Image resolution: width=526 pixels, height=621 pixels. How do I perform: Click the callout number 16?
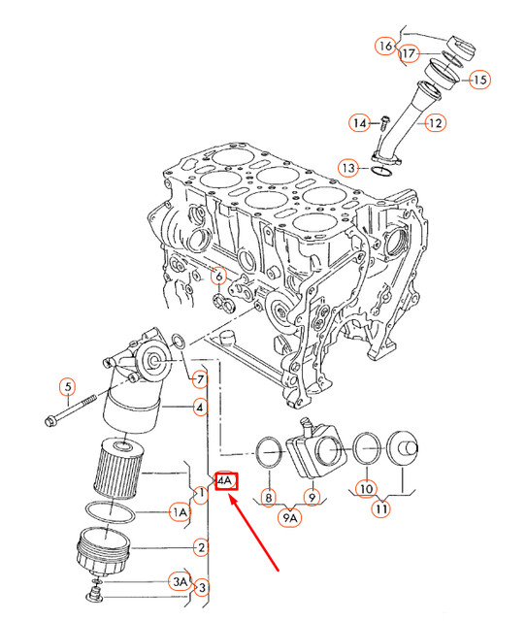coord(385,46)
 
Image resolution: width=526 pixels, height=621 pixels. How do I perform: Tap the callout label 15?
coord(479,80)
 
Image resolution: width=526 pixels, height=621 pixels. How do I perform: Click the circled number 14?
coord(359,123)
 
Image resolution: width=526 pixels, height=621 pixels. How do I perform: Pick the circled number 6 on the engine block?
coord(219,277)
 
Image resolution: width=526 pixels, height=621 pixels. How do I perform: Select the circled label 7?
coord(199,378)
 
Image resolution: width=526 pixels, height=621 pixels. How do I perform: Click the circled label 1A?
coord(180,510)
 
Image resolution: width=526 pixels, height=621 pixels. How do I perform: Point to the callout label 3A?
coord(180,581)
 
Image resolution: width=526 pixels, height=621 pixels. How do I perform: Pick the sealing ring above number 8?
coord(269,449)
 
